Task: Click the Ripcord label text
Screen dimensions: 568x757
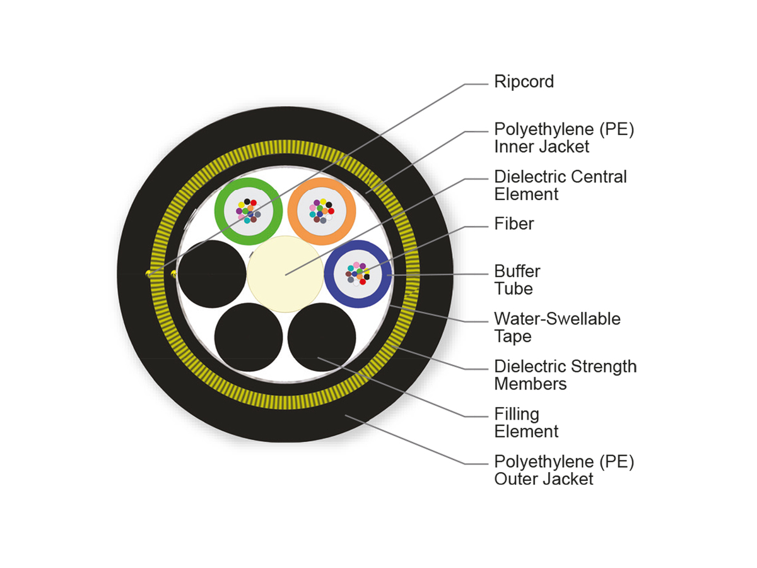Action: click(524, 82)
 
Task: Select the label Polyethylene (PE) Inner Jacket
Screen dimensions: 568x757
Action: click(563, 138)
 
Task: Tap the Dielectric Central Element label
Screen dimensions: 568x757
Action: click(560, 185)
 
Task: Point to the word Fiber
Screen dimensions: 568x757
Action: click(513, 224)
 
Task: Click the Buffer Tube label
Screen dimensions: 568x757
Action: click(517, 280)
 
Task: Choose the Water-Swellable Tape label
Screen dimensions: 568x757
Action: click(557, 328)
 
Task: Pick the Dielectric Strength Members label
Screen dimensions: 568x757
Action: click(565, 375)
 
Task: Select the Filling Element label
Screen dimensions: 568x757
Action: click(526, 423)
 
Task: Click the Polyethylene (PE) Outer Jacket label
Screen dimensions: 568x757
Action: click(563, 470)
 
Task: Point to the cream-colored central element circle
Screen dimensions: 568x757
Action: click(285, 274)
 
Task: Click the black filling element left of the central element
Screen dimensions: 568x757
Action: click(212, 274)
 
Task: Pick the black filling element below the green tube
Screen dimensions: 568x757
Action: click(249, 337)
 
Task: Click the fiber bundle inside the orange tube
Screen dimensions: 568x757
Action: click(321, 211)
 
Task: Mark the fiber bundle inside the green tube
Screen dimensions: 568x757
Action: click(248, 211)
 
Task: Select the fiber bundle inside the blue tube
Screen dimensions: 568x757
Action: click(358, 274)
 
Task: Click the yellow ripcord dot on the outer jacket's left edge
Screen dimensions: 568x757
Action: click(149, 273)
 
